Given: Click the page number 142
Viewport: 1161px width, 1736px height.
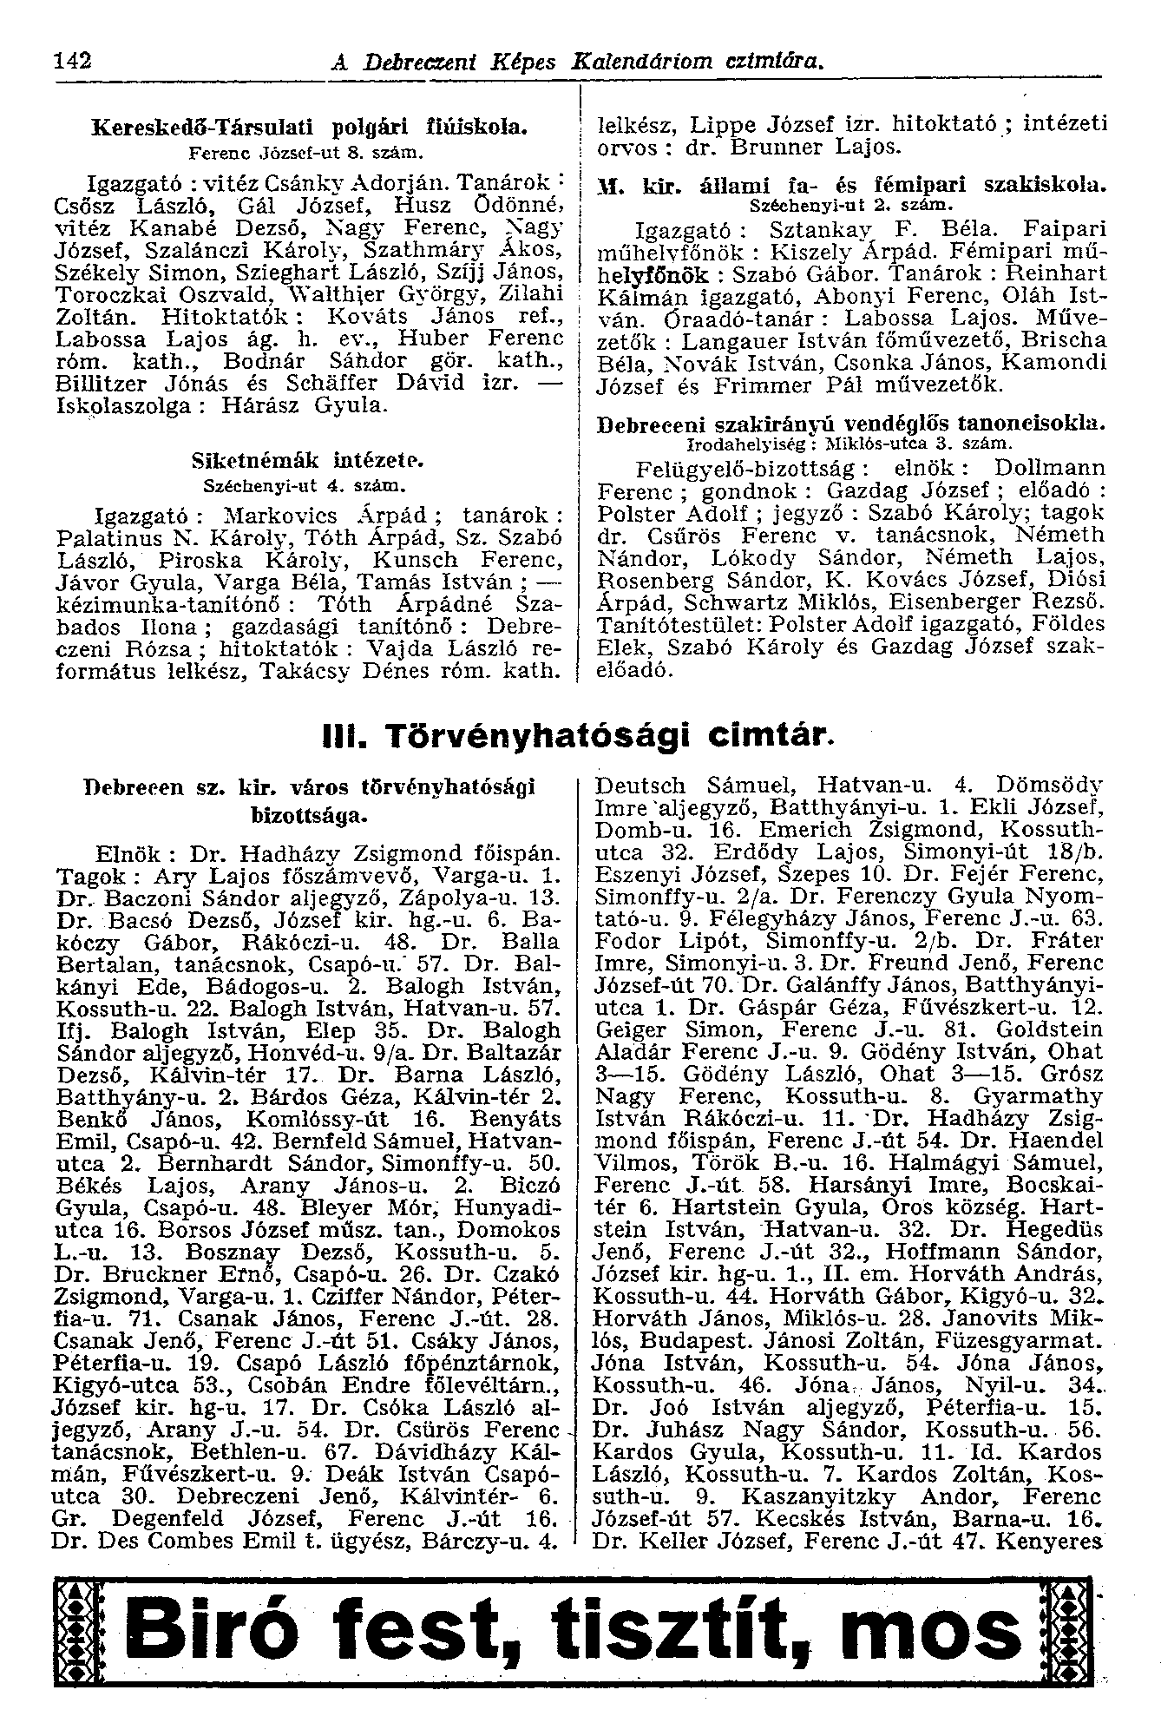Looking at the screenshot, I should pyautogui.click(x=73, y=62).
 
